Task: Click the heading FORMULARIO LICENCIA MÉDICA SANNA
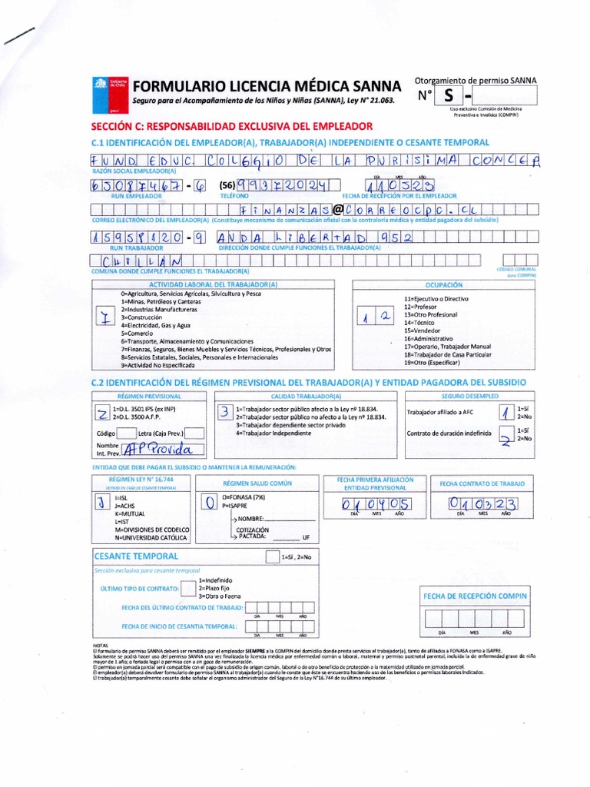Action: pos(267,85)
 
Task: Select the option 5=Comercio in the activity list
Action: pos(138,334)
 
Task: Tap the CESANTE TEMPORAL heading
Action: pos(135,556)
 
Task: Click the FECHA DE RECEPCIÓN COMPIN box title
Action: pos(476,596)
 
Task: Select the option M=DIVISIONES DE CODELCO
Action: pos(152,530)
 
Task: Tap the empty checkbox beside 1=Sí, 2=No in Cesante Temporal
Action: pos(271,556)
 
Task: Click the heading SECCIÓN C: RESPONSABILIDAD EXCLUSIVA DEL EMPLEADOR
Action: pos(232,125)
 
